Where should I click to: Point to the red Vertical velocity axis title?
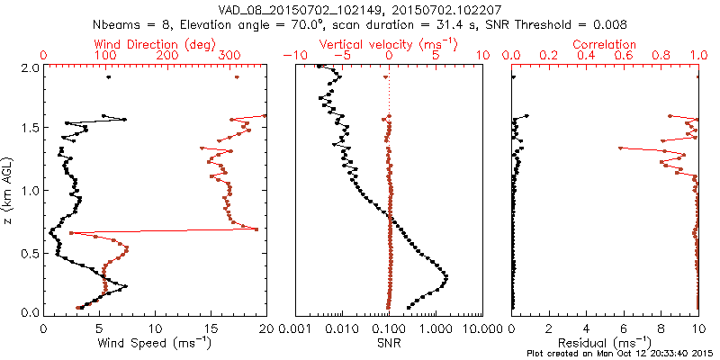389,43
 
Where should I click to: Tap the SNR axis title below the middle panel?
389,343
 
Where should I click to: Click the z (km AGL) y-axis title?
10,190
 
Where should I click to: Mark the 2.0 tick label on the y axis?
29,67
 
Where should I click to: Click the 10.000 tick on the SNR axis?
472,327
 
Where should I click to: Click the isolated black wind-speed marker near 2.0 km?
108,77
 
